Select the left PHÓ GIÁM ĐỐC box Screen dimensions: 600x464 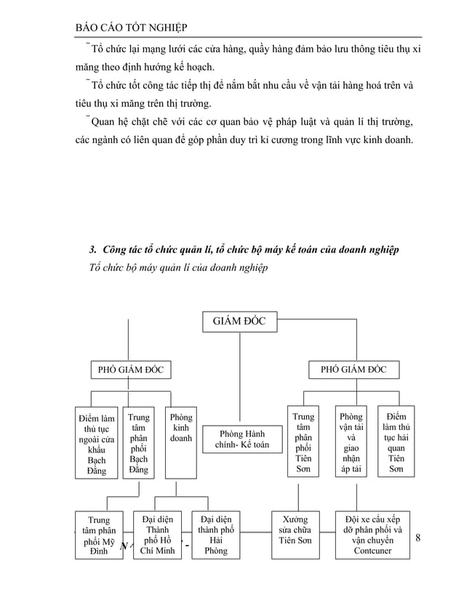click(131, 370)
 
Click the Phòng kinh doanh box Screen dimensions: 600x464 click(180, 442)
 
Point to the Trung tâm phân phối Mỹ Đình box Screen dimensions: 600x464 click(100, 535)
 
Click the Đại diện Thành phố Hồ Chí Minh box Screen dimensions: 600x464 click(157, 535)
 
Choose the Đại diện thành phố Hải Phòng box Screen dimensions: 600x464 click(216, 535)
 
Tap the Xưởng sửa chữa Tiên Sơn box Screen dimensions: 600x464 click(297, 535)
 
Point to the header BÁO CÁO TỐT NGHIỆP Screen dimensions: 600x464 click(131, 28)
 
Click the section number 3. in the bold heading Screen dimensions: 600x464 click(92, 251)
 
